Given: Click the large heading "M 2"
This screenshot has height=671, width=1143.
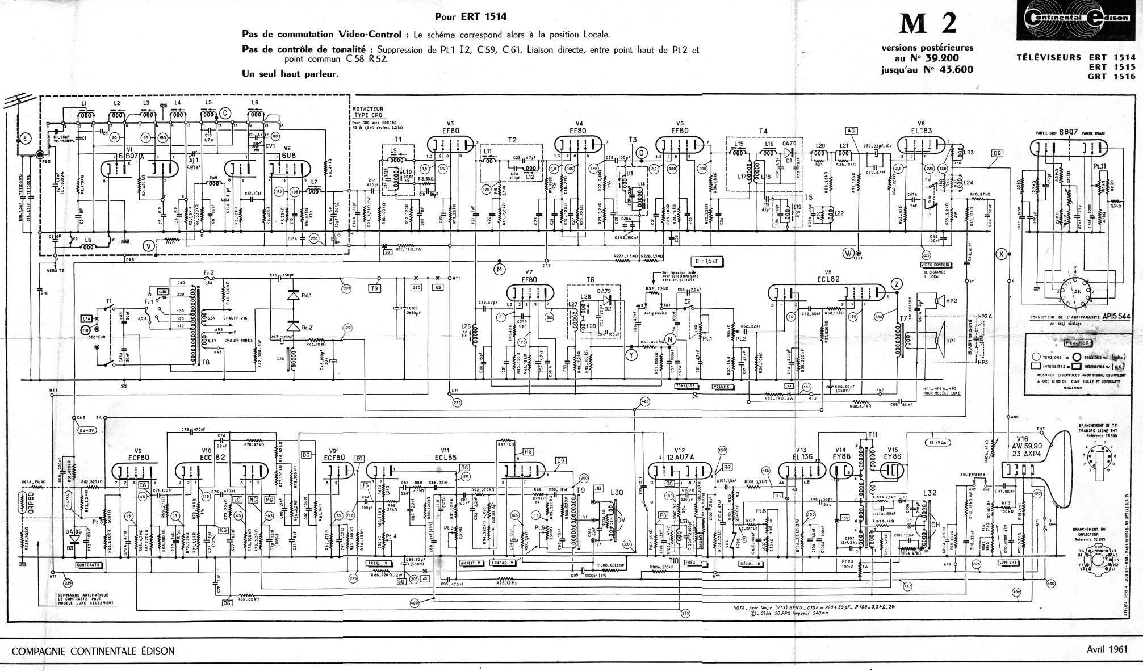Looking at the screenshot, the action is [x=927, y=24].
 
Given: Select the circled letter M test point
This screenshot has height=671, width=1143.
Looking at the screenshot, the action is [x=499, y=268].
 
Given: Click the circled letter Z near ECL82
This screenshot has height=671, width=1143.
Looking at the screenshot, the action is [x=897, y=284].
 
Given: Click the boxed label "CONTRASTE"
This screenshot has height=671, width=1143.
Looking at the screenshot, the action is [x=89, y=565].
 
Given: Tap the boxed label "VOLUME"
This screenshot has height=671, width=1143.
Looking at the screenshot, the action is [x=722, y=387].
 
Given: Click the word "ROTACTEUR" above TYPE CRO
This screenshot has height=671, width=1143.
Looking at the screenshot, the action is [x=368, y=109].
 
